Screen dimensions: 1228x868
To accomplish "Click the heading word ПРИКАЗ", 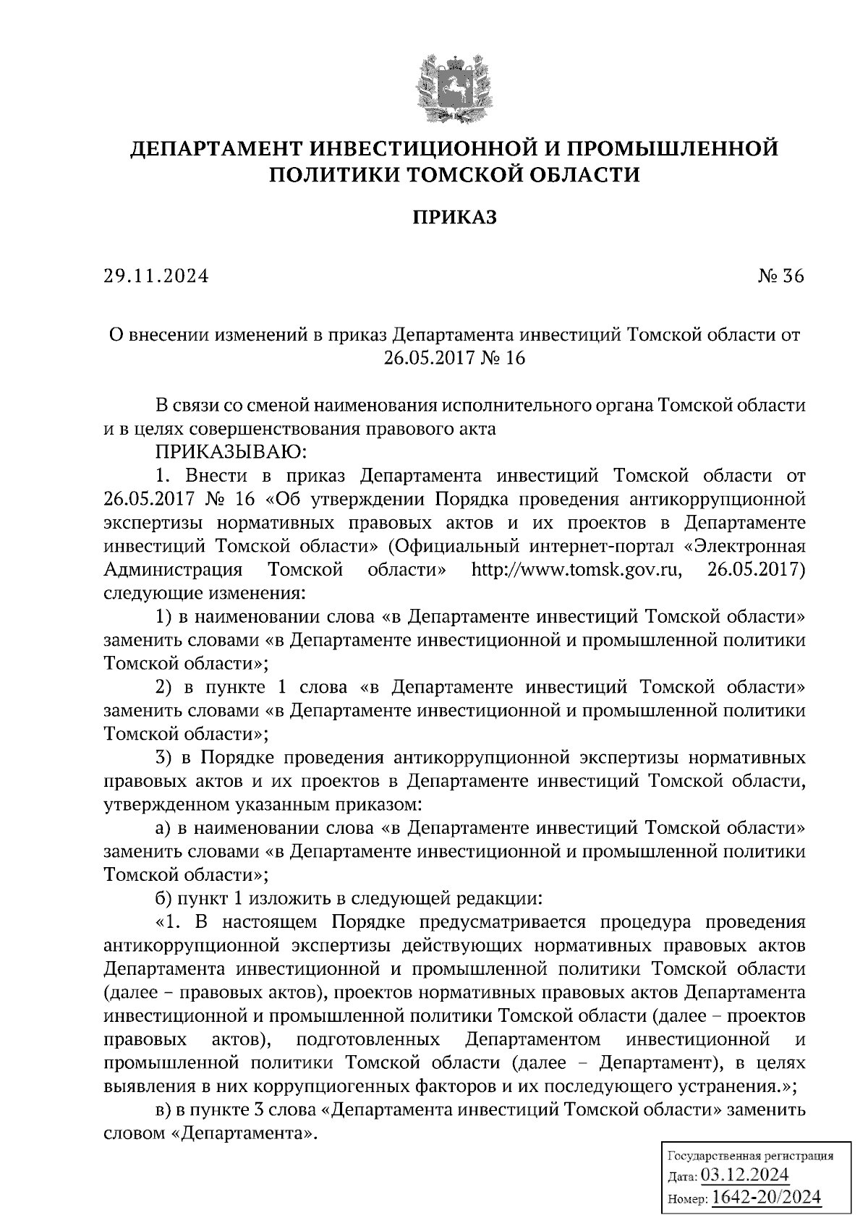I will coord(455,218).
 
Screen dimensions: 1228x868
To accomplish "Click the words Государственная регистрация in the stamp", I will coord(749,1156).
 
